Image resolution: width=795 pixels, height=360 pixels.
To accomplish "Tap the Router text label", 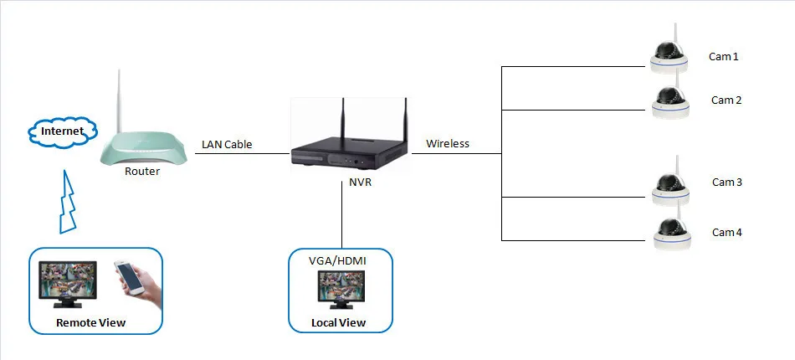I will pyautogui.click(x=141, y=172).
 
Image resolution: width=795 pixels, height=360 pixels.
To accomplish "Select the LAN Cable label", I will pyautogui.click(x=227, y=145).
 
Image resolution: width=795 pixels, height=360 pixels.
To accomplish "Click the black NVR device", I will pyautogui.click(x=346, y=154).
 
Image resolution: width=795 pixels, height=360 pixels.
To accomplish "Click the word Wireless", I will pyautogui.click(x=448, y=144).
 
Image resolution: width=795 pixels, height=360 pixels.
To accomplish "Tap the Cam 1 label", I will pyautogui.click(x=724, y=57).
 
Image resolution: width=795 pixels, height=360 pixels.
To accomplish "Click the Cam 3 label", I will pyautogui.click(x=726, y=182).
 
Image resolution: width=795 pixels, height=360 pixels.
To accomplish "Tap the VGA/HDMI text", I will pyautogui.click(x=338, y=262).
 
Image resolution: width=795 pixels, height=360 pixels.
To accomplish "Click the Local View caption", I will pyautogui.click(x=338, y=323).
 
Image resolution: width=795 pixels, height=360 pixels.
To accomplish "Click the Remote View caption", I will pyautogui.click(x=90, y=322).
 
